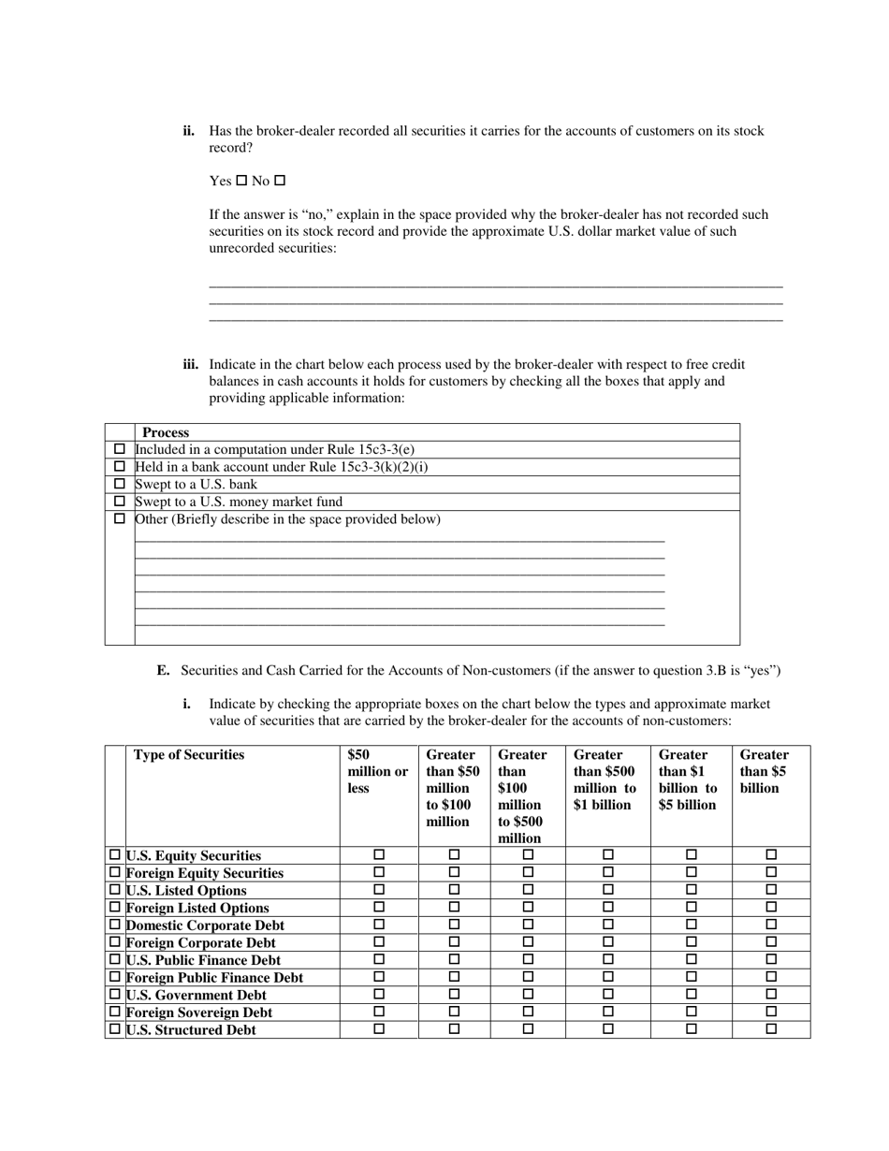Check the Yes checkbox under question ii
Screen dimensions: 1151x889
(x=241, y=181)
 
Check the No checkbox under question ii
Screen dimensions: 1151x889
(x=279, y=181)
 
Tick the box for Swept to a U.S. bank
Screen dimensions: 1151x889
(x=119, y=484)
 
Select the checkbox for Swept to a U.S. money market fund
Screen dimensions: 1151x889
(x=119, y=502)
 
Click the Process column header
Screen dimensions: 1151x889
(x=166, y=432)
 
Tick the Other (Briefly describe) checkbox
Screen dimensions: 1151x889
(x=119, y=518)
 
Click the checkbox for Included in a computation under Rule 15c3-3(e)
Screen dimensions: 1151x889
(x=119, y=449)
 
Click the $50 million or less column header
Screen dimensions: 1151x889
(x=377, y=771)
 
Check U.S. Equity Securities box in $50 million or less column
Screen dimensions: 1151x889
(x=379, y=854)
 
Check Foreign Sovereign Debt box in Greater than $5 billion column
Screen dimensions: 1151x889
(x=771, y=1012)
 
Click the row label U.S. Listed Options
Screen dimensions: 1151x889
(x=186, y=890)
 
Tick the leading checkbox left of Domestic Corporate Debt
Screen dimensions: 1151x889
(x=115, y=925)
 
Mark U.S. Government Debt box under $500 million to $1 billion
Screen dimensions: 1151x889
(x=607, y=995)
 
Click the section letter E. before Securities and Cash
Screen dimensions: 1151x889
(x=163, y=671)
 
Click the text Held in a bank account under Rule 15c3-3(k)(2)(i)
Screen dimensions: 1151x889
(x=282, y=467)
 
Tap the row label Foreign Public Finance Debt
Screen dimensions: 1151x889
(x=214, y=977)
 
